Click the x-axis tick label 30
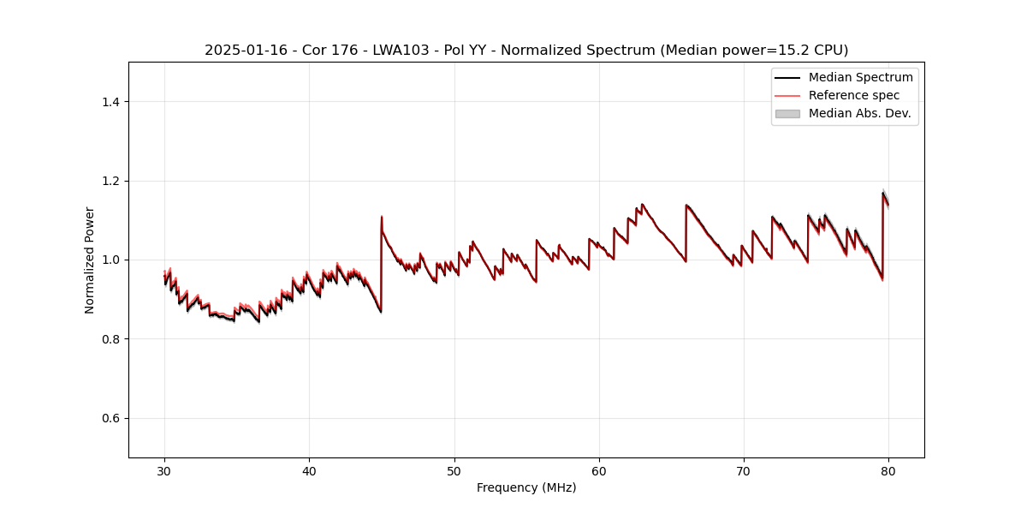point(164,470)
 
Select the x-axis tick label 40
point(309,470)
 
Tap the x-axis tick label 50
point(454,470)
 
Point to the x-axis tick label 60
point(599,470)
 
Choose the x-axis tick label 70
point(744,470)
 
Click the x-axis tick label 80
point(888,470)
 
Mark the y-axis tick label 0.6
point(110,418)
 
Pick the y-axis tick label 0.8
point(110,339)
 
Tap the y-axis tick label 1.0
point(110,260)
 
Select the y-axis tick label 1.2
point(110,181)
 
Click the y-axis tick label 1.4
point(110,102)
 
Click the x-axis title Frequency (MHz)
point(526,487)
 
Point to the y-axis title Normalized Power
point(90,260)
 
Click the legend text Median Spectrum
point(860,77)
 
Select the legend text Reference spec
point(853,95)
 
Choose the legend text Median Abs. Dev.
point(859,113)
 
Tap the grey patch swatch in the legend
point(787,113)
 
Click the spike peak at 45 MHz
point(382,217)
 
